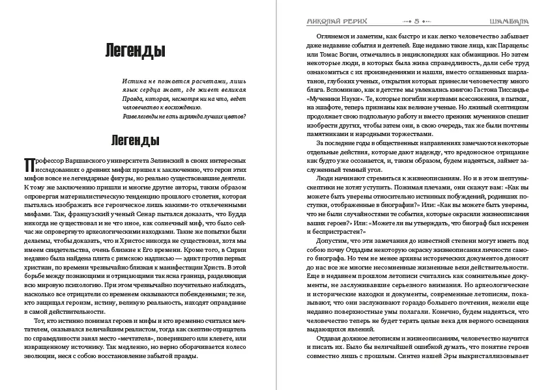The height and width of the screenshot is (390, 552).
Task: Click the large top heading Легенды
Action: pos(126,50)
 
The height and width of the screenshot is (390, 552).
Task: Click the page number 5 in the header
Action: pos(416,21)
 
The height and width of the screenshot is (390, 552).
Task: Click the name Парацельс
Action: pos(507,47)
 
